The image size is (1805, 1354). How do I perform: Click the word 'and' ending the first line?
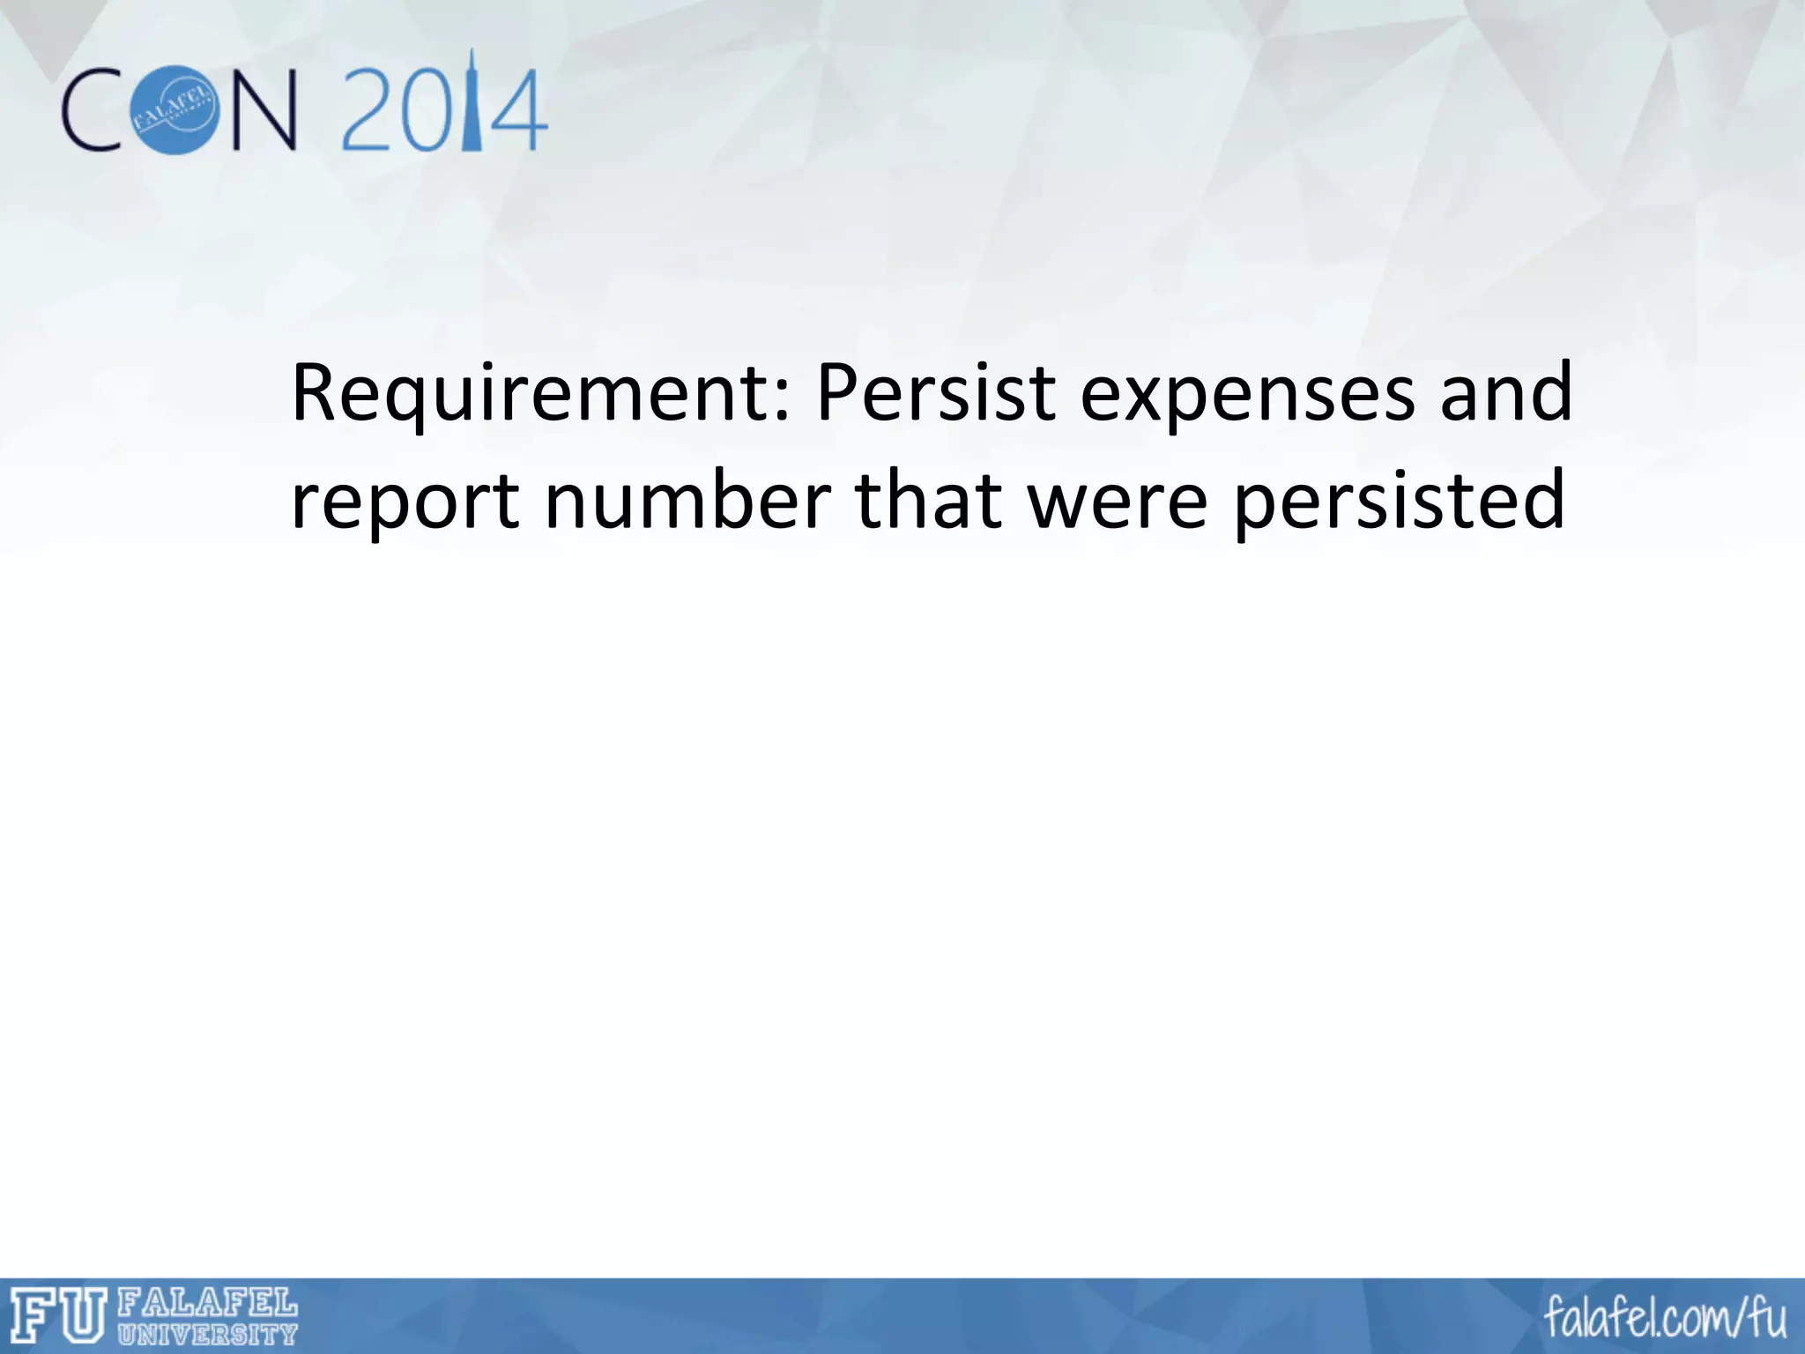(1506, 392)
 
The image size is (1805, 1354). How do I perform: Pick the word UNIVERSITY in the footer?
(207, 1335)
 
